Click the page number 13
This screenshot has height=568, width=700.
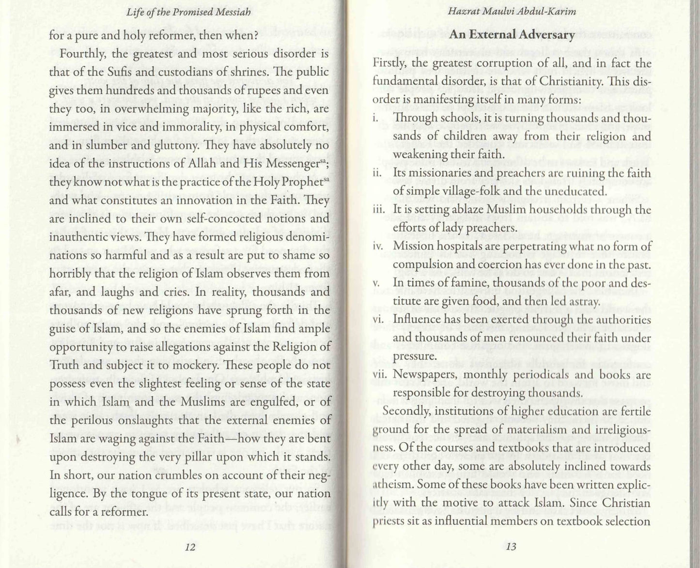pos(511,547)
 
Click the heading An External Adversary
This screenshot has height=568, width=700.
pos(512,35)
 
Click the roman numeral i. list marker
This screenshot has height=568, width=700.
pos(375,119)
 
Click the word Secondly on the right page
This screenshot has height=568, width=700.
pos(407,412)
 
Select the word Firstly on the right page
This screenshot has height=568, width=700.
pos(389,63)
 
